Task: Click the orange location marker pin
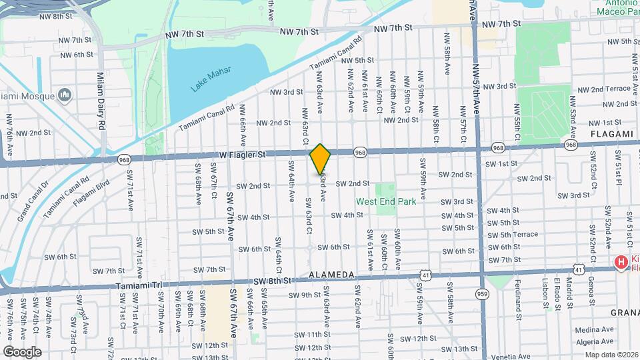(x=320, y=159)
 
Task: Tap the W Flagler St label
(x=243, y=155)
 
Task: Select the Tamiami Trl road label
(x=139, y=284)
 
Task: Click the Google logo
(x=22, y=351)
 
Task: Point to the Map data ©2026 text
(x=611, y=355)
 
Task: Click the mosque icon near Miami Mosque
(x=65, y=95)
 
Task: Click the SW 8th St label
(x=273, y=280)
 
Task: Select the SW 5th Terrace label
(x=512, y=235)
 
